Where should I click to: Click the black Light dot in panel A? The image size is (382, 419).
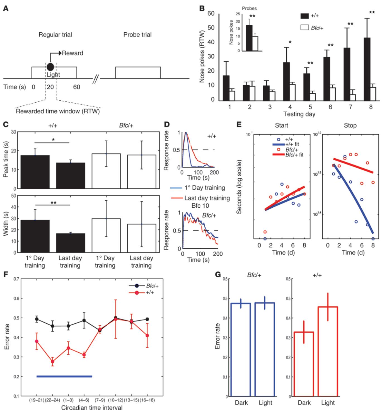click(x=50, y=67)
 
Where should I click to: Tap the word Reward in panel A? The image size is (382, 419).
click(x=72, y=53)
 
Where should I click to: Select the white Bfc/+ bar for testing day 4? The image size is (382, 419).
click(x=292, y=92)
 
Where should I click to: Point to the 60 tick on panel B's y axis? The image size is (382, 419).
click(x=211, y=13)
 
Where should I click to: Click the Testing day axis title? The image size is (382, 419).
click(x=299, y=114)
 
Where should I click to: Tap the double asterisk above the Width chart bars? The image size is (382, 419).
click(x=53, y=203)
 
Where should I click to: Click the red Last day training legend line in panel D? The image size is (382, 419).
click(x=177, y=198)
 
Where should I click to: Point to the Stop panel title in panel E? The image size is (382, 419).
click(x=350, y=125)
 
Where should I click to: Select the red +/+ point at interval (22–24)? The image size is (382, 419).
click(x=52, y=362)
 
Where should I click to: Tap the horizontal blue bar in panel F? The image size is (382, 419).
click(x=64, y=376)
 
